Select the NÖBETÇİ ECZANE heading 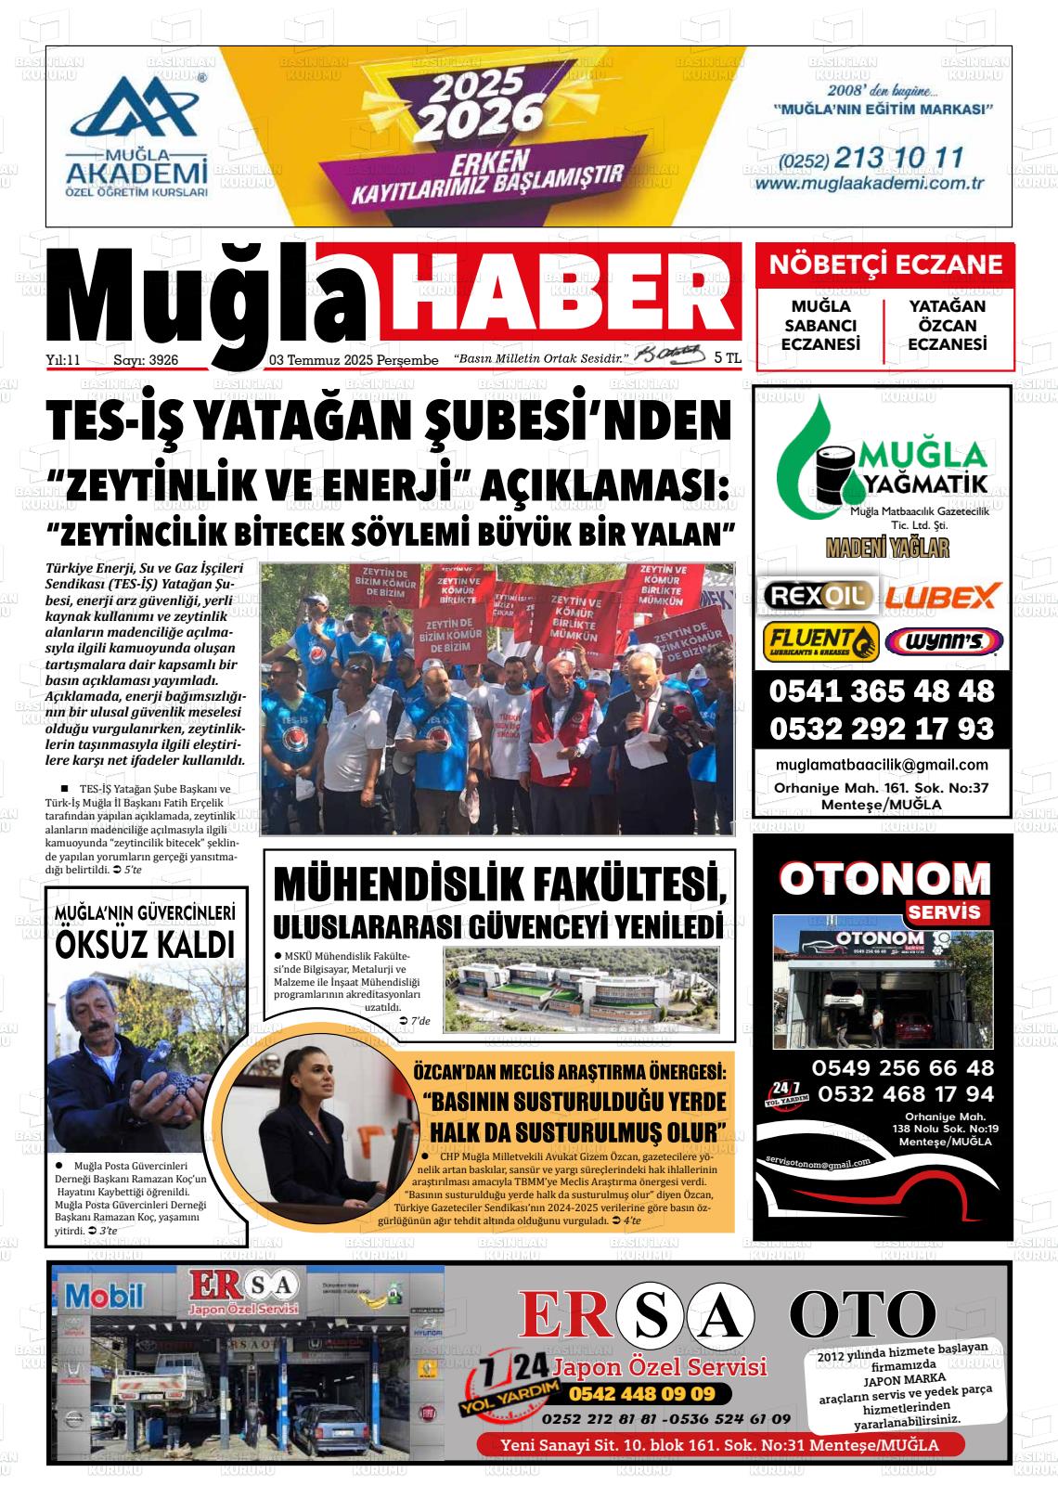tap(885, 265)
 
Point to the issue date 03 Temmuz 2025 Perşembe tap(354, 359)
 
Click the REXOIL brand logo tap(817, 595)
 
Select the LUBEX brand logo tap(941, 595)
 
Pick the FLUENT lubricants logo tap(820, 641)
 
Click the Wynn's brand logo tap(943, 641)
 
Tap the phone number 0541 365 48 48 tap(881, 691)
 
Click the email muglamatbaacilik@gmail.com tap(881, 765)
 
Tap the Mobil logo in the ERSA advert tap(103, 1297)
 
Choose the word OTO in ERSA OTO tap(862, 1315)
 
